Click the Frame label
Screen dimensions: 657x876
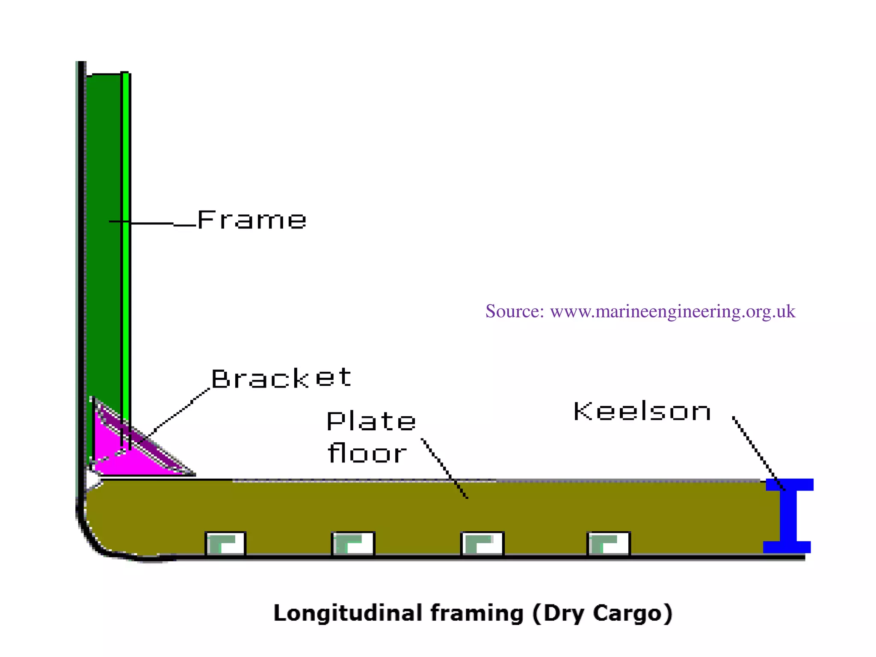[x=252, y=220]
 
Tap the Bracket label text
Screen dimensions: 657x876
[x=281, y=378]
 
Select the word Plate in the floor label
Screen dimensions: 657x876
[x=371, y=421]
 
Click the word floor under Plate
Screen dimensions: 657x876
[x=367, y=453]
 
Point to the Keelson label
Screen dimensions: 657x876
[x=642, y=411]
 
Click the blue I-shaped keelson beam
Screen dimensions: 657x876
[x=788, y=516]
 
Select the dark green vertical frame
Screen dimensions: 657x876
[x=103, y=235]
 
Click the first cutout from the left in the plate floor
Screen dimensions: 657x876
[x=225, y=544]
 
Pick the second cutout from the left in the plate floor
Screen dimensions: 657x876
[x=353, y=544]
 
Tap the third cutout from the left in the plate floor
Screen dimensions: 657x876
[x=482, y=544]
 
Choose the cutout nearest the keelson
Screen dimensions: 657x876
[x=608, y=544]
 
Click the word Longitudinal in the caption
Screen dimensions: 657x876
[x=348, y=613]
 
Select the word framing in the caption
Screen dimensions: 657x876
[x=476, y=613]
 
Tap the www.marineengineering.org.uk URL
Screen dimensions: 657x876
[x=672, y=311]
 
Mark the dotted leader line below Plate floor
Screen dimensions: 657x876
[x=445, y=468]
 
